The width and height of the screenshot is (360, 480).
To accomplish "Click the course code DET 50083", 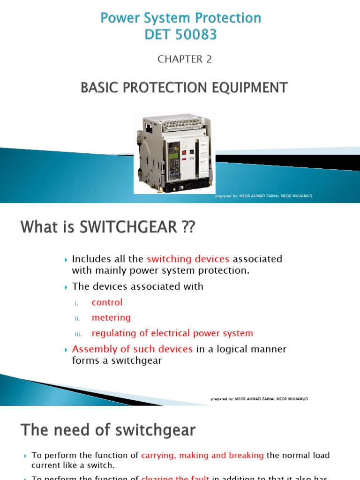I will pyautogui.click(x=181, y=34).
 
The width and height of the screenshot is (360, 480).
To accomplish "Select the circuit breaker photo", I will pyautogui.click(x=174, y=152).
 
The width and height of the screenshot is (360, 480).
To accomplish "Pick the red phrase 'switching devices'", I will pyautogui.click(x=188, y=259).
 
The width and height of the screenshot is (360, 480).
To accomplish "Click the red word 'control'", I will pyautogui.click(x=107, y=302).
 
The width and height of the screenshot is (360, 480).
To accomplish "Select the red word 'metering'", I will pyautogui.click(x=111, y=318).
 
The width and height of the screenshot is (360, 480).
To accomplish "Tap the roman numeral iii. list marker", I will pyautogui.click(x=78, y=334).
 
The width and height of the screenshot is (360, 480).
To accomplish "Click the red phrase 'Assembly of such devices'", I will pyautogui.click(x=132, y=349).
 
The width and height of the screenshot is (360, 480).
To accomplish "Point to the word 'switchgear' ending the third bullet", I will pyautogui.click(x=139, y=360).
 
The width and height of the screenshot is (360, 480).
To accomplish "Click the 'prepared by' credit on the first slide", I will pyautogui.click(x=263, y=196).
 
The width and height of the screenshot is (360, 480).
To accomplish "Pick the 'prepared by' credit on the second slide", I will pyautogui.click(x=260, y=399).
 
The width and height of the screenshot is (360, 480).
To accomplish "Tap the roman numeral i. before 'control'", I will pyautogui.click(x=78, y=303).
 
